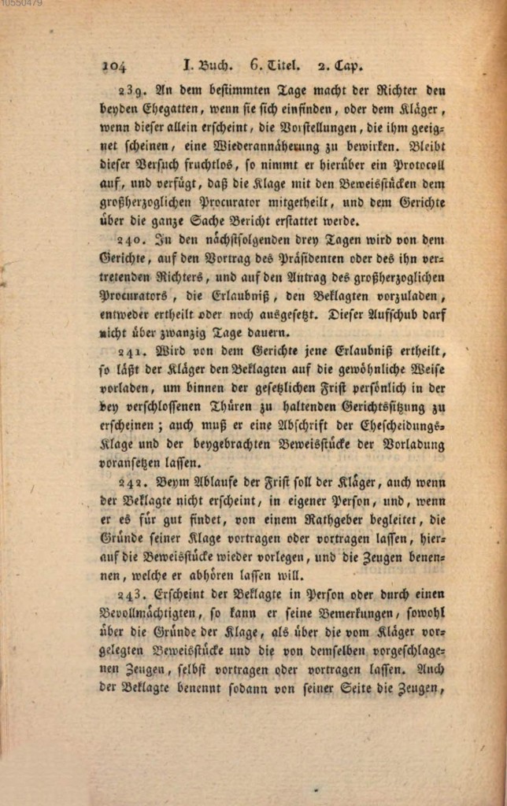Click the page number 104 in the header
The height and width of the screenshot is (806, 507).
tap(113, 66)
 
